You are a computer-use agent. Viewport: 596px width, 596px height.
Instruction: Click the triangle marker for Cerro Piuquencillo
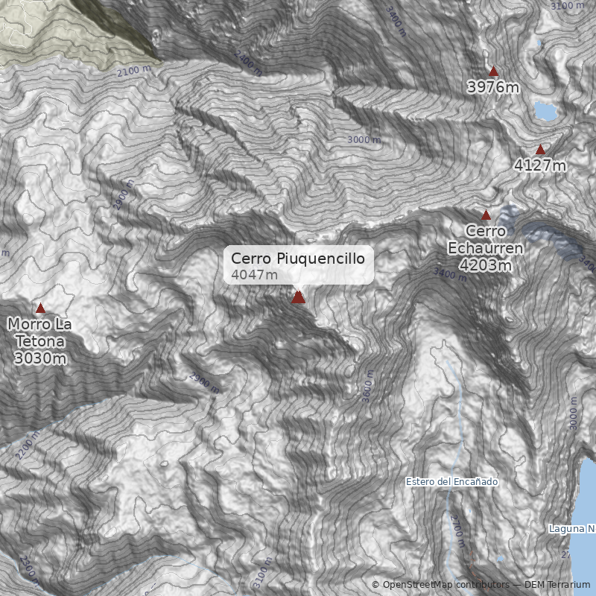298,297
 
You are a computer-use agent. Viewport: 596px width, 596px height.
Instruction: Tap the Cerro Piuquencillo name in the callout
297,259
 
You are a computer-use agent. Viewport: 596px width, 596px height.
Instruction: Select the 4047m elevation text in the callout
254,275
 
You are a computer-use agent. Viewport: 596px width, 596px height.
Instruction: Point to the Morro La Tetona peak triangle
40,308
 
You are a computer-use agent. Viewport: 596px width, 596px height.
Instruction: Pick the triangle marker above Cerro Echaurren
486,215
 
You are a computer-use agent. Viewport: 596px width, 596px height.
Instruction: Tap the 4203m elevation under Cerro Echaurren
485,265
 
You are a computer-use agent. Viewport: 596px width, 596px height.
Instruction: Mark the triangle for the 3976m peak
493,71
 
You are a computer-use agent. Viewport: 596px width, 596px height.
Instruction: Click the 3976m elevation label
493,87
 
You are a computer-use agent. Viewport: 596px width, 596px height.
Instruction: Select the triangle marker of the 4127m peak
540,150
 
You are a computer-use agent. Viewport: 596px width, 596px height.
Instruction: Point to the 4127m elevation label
540,165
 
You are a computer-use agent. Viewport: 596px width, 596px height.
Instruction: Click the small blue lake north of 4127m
545,112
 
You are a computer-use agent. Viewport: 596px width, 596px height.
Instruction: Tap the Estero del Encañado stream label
451,482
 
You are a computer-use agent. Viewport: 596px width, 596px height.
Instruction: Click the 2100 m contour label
134,71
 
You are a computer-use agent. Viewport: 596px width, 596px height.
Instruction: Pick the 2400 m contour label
247,63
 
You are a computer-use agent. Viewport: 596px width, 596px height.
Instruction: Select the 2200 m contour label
27,446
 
